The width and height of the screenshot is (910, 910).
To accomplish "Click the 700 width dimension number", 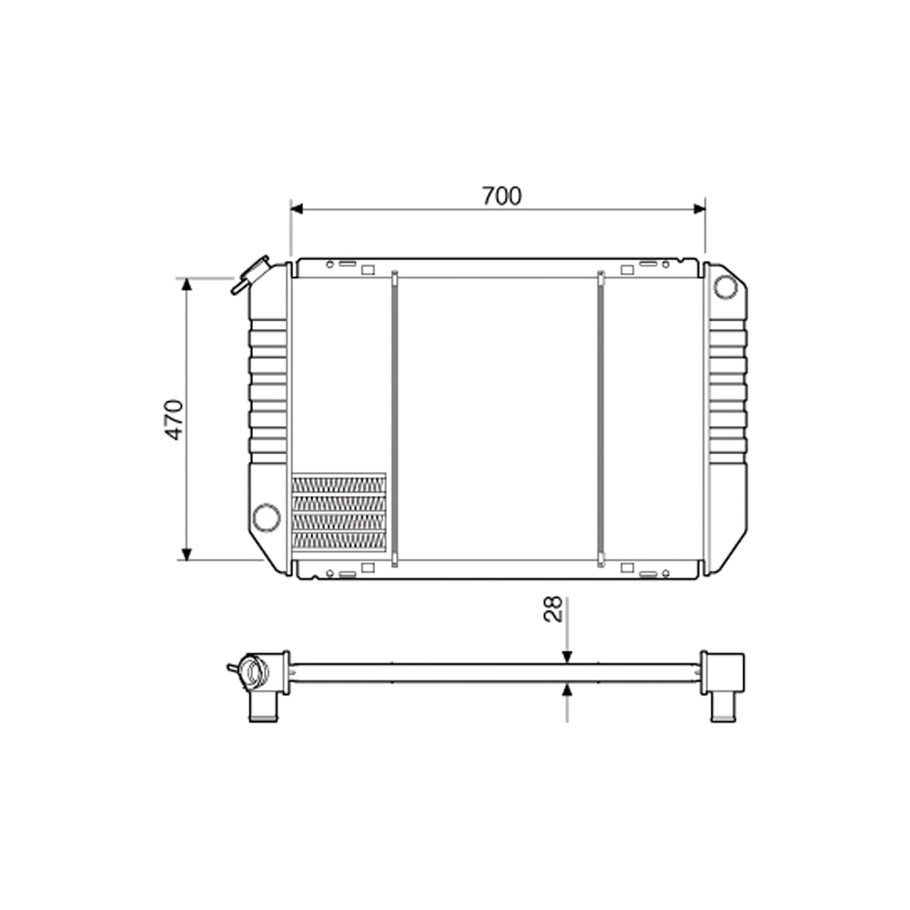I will pyautogui.click(x=501, y=196).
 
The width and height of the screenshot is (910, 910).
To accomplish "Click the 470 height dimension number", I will pyautogui.click(x=175, y=419).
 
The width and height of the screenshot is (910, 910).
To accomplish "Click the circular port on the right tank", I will pyautogui.click(x=724, y=287).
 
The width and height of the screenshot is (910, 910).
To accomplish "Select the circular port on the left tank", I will pyautogui.click(x=267, y=517).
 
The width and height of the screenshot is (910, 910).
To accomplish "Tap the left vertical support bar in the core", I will pyautogui.click(x=394, y=419).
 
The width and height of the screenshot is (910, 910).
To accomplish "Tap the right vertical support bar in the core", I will pyautogui.click(x=601, y=419).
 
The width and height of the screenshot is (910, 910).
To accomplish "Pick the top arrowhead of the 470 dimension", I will pyautogui.click(x=187, y=285).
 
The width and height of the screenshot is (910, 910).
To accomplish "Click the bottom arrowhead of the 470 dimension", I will pyautogui.click(x=187, y=553).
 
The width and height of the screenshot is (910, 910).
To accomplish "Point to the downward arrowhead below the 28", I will pyautogui.click(x=567, y=657).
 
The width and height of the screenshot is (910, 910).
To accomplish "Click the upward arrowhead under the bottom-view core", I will pyautogui.click(x=567, y=690).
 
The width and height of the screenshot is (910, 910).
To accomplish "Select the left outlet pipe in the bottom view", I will pyautogui.click(x=261, y=706).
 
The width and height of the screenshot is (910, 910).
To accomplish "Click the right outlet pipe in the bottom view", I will pyautogui.click(x=723, y=706).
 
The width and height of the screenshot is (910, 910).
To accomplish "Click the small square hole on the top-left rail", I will pyautogui.click(x=368, y=269).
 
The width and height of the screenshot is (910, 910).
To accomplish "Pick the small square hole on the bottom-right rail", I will pyautogui.click(x=627, y=568).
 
